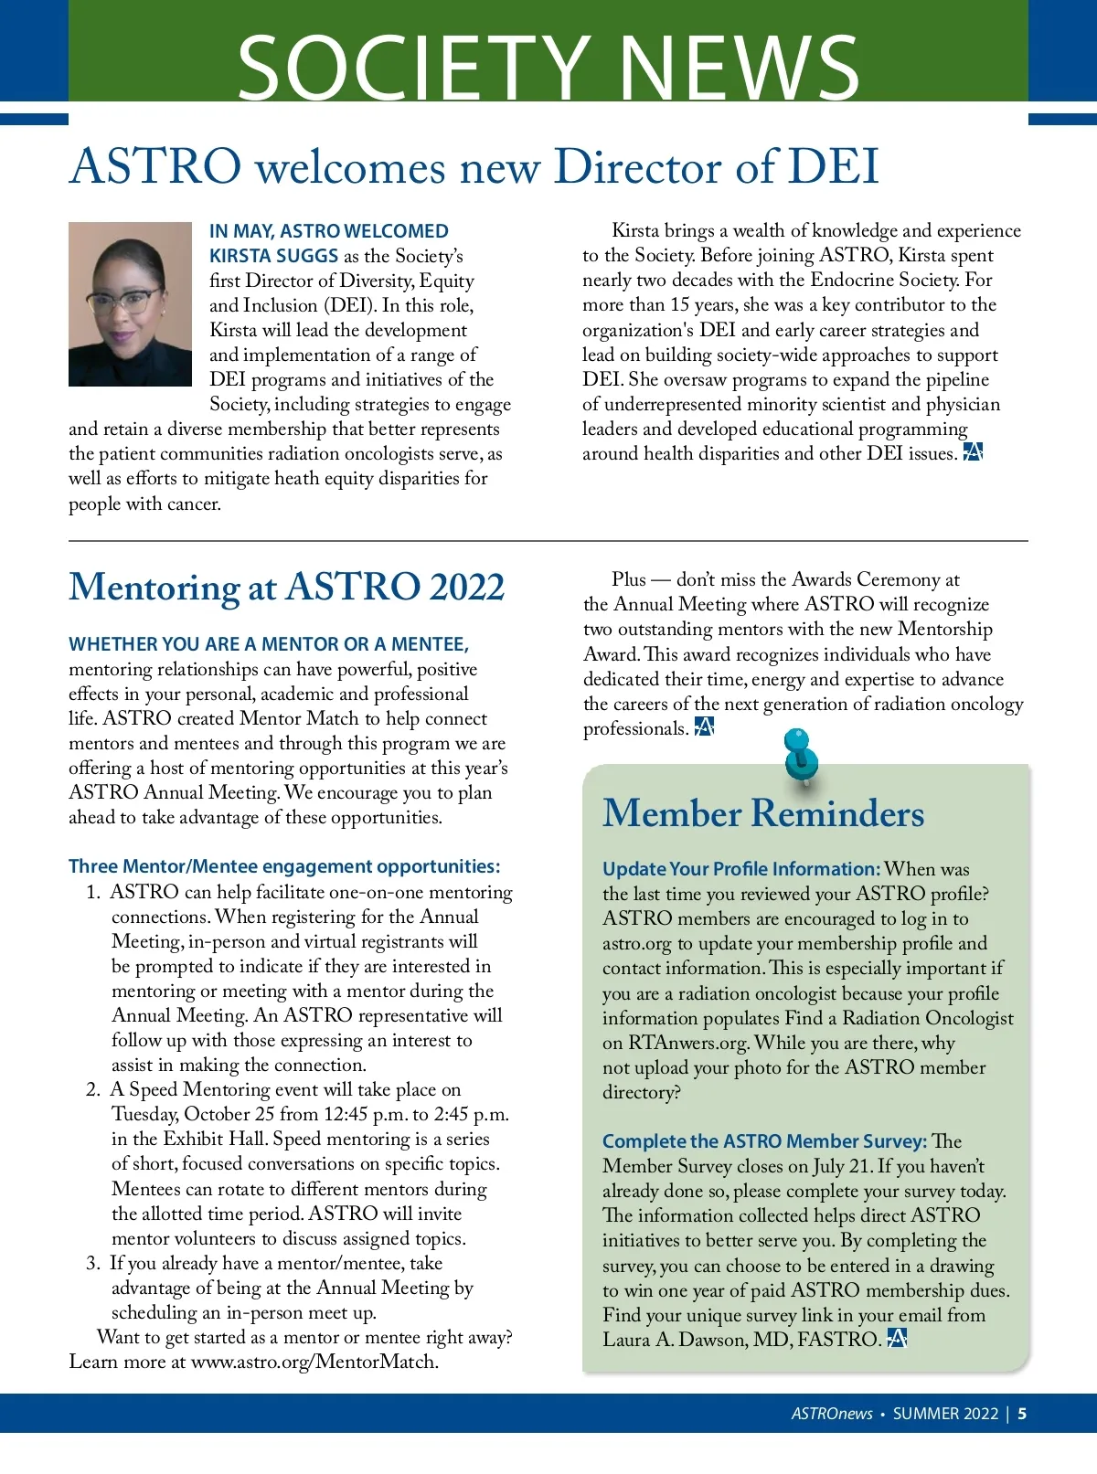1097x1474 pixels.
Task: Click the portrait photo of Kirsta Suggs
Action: [x=130, y=304]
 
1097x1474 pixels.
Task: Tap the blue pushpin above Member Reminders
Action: [x=801, y=757]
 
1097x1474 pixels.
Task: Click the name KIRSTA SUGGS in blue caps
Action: [x=274, y=256]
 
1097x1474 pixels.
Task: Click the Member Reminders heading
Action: [x=763, y=813]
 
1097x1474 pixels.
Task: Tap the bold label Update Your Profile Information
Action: [x=740, y=869]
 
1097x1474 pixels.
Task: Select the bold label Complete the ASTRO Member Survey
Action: [x=764, y=1141]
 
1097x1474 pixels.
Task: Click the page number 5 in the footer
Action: [x=1022, y=1414]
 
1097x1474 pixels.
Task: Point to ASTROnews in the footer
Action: [x=832, y=1414]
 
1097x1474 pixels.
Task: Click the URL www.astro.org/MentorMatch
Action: [x=314, y=1363]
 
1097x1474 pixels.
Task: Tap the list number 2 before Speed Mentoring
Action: [x=93, y=1090]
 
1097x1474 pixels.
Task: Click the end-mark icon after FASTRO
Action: [x=897, y=1339]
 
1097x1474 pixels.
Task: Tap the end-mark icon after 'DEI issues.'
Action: [x=973, y=452]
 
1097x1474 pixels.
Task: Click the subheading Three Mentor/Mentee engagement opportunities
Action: [x=284, y=866]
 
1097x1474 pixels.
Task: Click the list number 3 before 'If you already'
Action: [x=93, y=1264]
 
